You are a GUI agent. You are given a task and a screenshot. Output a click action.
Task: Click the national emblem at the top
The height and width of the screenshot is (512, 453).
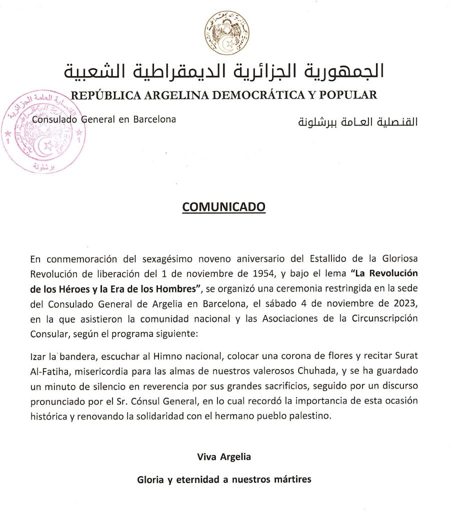(x=226, y=33)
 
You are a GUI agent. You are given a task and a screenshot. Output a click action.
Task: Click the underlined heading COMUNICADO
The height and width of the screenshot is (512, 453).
(x=223, y=207)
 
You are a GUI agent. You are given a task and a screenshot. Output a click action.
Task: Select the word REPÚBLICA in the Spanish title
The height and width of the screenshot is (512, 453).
(x=106, y=95)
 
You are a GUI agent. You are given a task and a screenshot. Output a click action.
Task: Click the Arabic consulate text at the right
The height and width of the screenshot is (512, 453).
(x=357, y=121)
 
